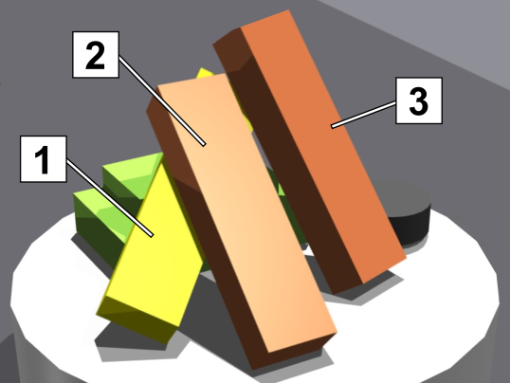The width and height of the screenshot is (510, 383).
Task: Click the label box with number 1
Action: (44, 159)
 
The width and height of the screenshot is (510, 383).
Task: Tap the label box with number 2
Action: (96, 55)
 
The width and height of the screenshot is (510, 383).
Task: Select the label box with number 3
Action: (419, 100)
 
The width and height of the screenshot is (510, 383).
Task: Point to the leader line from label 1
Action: (110, 197)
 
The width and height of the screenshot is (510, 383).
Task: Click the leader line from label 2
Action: (162, 101)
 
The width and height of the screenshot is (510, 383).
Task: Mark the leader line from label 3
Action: (363, 115)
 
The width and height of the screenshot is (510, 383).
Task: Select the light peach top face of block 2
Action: (247, 211)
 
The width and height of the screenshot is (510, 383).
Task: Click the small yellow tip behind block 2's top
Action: (204, 73)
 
